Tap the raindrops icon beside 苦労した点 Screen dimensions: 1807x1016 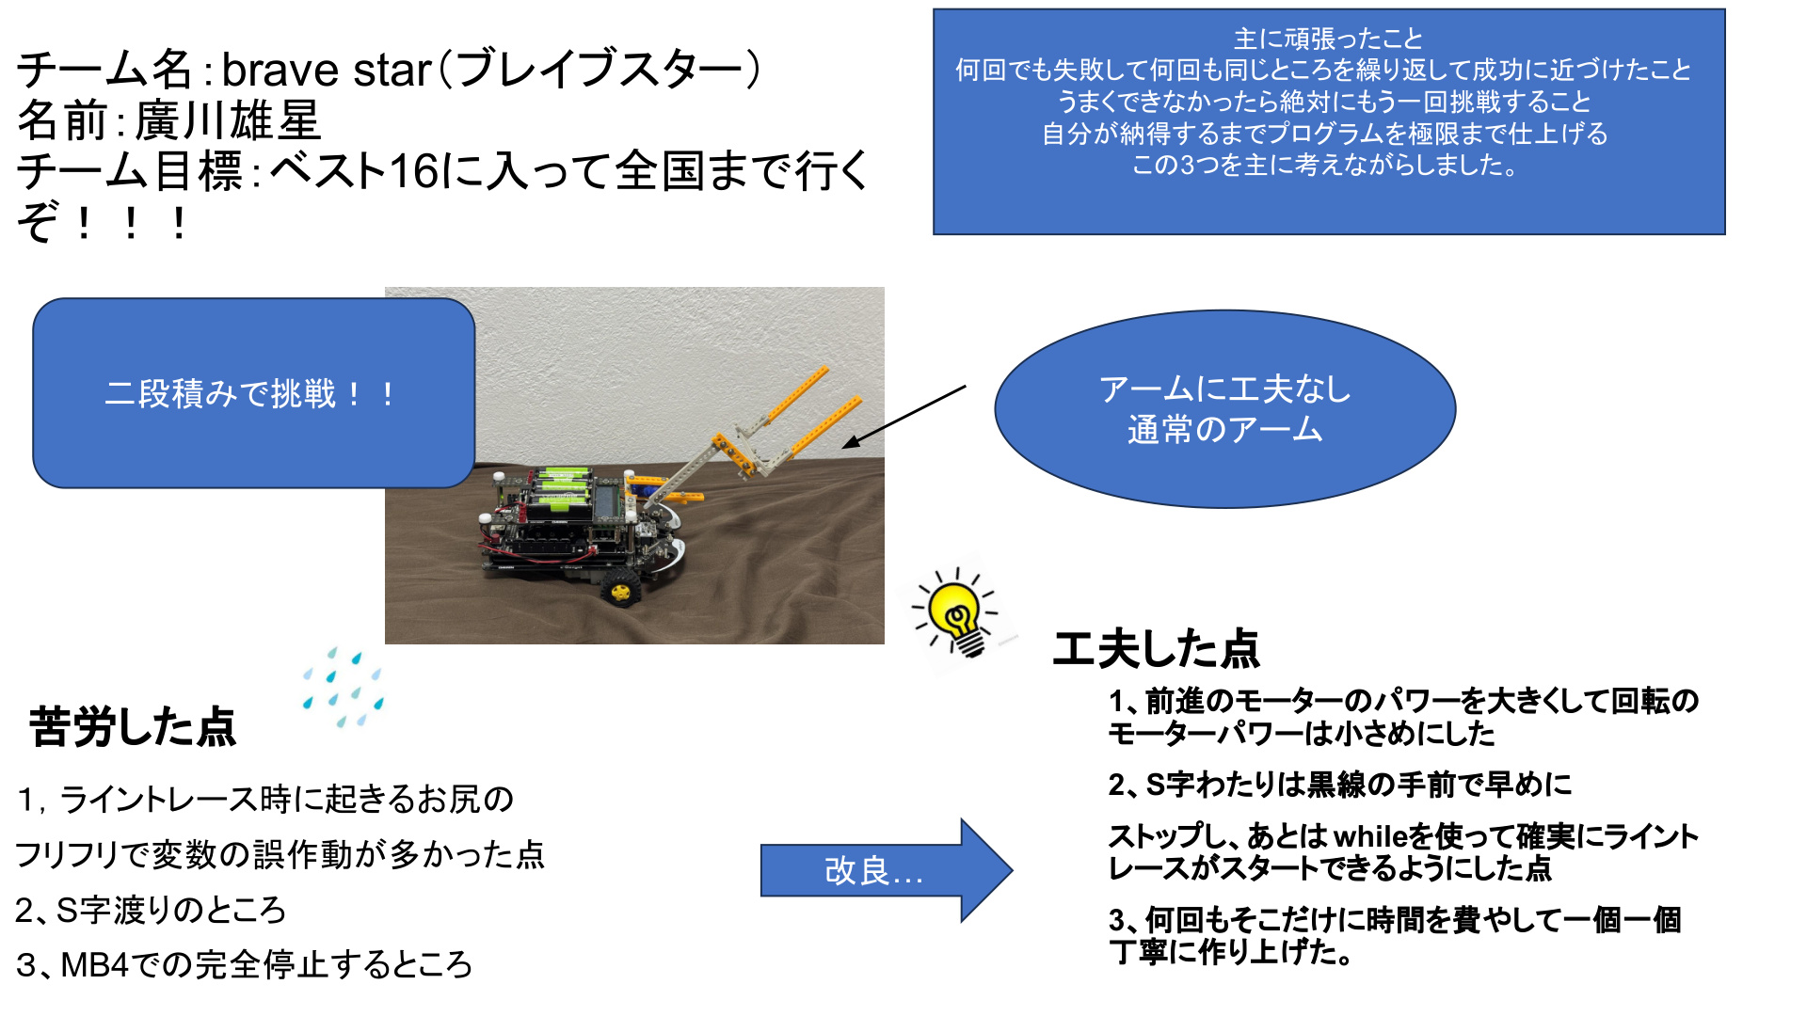point(343,688)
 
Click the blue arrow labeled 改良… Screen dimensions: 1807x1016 point(886,870)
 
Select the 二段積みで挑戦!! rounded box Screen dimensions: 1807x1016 point(253,393)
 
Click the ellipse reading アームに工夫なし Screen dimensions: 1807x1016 point(1224,409)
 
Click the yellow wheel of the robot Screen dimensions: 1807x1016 point(621,590)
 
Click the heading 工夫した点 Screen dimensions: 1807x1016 point(1157,648)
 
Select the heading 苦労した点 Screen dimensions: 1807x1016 point(133,727)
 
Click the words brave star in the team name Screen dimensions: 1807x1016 point(327,71)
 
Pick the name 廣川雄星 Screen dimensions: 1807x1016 point(229,120)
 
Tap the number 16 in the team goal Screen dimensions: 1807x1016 point(414,171)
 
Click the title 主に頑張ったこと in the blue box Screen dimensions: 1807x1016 point(1328,39)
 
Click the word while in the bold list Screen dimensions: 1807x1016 point(1371,836)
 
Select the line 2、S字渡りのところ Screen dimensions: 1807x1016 point(151,910)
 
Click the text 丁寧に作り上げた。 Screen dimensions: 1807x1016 point(1232,952)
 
